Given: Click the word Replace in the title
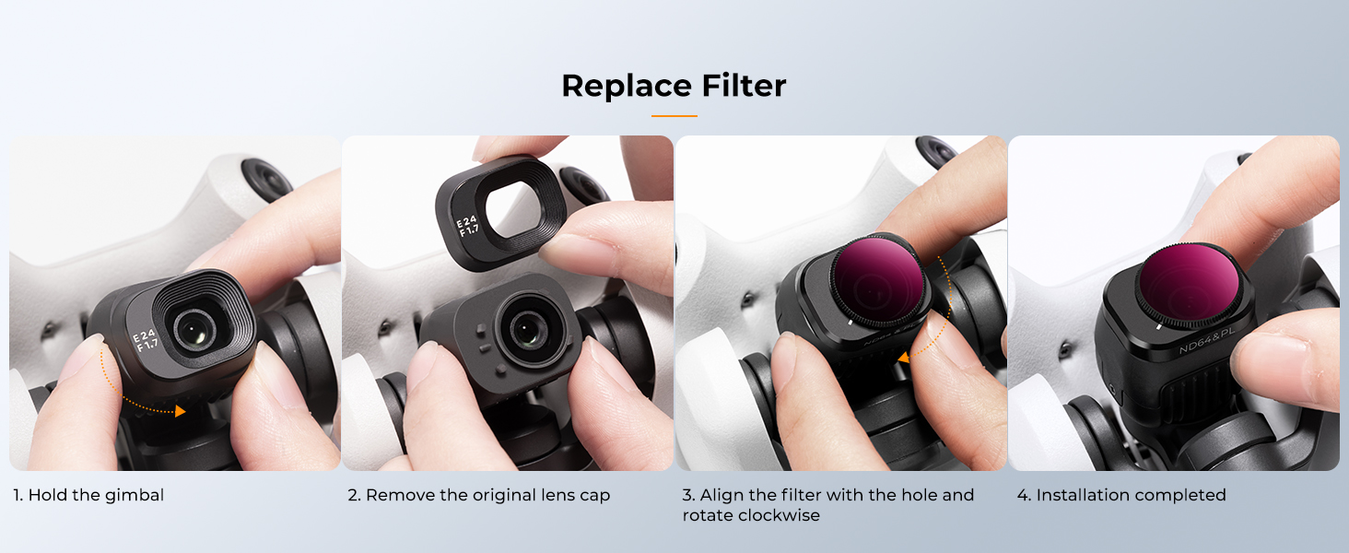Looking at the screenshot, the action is click(x=627, y=86).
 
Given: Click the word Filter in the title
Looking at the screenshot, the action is click(x=744, y=85).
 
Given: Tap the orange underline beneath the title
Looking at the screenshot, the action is click(x=674, y=115).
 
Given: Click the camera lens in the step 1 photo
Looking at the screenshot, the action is click(x=194, y=329).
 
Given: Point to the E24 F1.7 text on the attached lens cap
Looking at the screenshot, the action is click(x=146, y=340).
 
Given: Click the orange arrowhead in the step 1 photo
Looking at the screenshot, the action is click(x=180, y=411).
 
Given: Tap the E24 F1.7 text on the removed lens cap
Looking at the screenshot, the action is click(x=467, y=226).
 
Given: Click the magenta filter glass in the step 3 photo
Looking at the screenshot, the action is click(x=878, y=279).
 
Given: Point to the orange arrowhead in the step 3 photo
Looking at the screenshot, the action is click(x=903, y=358).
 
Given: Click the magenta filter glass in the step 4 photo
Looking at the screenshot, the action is click(x=1188, y=284).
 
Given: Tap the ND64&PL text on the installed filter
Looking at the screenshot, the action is click(x=1207, y=340).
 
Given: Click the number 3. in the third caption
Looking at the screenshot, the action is click(x=688, y=495).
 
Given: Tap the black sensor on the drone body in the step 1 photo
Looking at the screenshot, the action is click(x=267, y=178).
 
